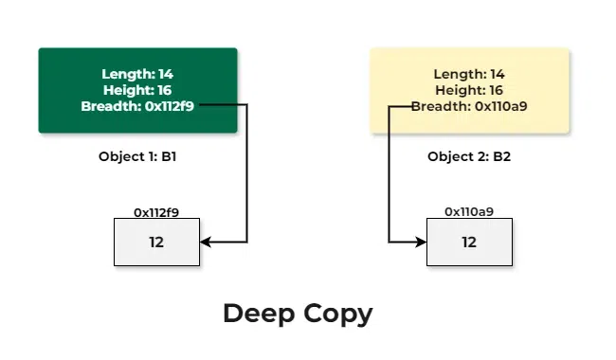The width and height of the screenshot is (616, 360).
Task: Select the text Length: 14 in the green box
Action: pos(137,74)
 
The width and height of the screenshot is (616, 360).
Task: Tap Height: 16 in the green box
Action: pos(137,90)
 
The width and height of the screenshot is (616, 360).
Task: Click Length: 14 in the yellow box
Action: pos(469,74)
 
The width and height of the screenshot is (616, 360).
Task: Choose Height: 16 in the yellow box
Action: pos(469,90)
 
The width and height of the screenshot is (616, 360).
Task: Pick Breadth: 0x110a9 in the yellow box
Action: pos(469,106)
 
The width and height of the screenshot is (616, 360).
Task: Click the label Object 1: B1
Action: pos(137,156)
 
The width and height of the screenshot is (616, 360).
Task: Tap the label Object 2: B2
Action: pos(469,156)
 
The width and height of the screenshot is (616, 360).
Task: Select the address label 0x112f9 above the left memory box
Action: pos(156,212)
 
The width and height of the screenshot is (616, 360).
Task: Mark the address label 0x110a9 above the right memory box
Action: pos(469,212)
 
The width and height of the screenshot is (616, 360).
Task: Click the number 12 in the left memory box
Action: pos(156,243)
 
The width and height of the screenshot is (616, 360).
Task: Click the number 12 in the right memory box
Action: pos(469,243)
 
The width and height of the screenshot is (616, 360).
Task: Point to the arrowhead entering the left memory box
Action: pos(206,243)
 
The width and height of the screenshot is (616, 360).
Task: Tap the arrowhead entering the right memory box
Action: pos(421,243)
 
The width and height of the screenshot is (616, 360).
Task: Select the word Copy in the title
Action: pos(338,314)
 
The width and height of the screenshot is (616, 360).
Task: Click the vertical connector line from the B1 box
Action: pos(246,175)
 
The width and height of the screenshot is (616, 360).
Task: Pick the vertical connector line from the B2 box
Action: pos(390,175)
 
